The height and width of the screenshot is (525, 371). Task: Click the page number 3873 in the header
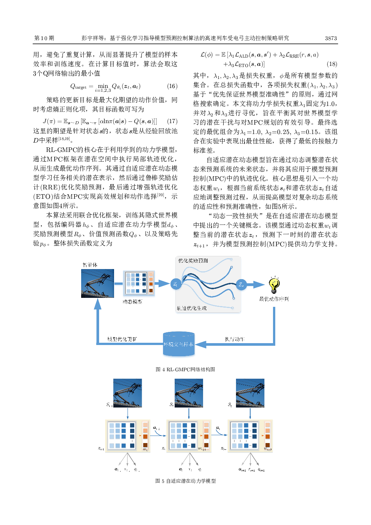(x=331, y=38)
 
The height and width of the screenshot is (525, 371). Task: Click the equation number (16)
(x=172, y=86)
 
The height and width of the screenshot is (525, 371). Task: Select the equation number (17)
(x=172, y=121)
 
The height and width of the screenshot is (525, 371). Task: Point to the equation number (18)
(x=332, y=64)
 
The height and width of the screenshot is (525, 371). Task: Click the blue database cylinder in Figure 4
(x=179, y=344)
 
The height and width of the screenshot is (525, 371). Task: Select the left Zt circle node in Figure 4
(x=175, y=284)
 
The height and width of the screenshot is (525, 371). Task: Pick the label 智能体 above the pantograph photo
(x=90, y=265)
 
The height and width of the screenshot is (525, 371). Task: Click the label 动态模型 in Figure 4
(x=132, y=302)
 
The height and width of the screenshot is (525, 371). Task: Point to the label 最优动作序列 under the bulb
(x=274, y=299)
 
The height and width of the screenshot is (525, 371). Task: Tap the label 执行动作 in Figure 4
(x=234, y=339)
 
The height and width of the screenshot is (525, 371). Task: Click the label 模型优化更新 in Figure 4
(x=122, y=339)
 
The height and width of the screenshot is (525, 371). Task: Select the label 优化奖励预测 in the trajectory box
(x=193, y=260)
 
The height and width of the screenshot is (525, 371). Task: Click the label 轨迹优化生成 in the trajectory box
(x=191, y=308)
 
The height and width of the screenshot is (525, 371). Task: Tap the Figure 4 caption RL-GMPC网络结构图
(x=185, y=369)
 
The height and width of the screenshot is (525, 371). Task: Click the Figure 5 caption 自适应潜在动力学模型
(x=185, y=481)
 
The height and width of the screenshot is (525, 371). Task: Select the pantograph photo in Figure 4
(x=98, y=284)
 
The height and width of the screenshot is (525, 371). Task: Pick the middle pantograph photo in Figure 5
(x=189, y=393)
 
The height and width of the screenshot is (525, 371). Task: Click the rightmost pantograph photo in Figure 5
(x=250, y=393)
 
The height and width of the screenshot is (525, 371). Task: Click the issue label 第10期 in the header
(x=44, y=38)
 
